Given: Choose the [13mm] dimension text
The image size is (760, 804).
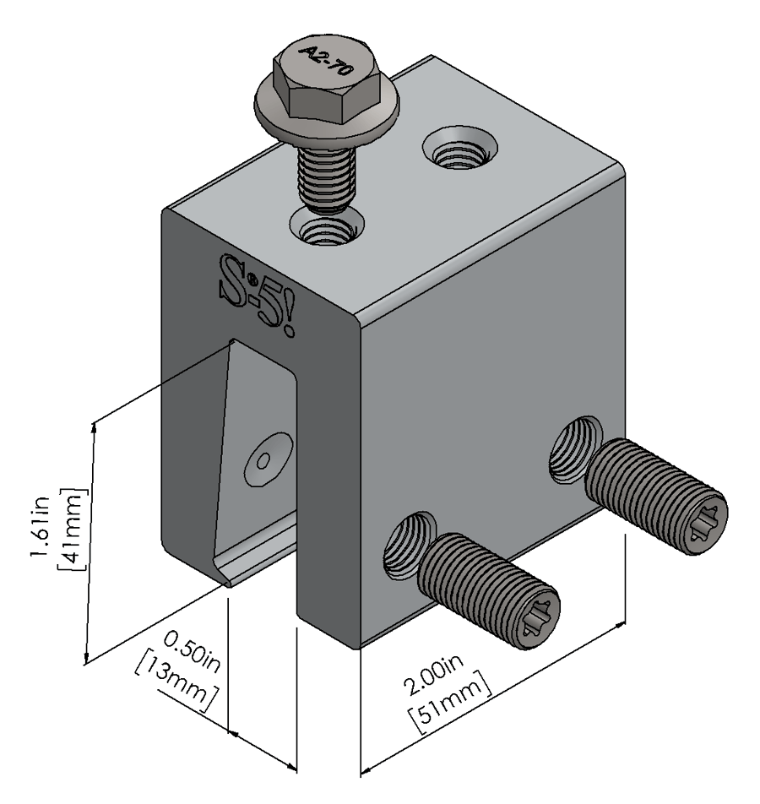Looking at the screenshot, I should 179,680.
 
